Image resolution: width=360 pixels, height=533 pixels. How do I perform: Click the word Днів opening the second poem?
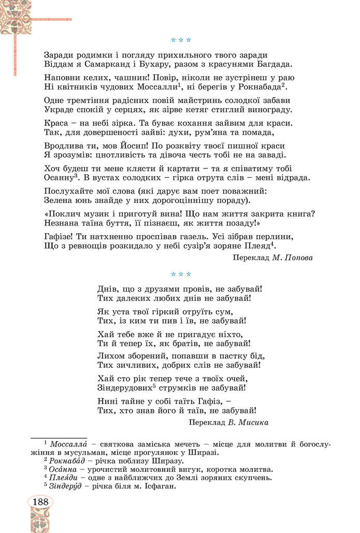(107, 288)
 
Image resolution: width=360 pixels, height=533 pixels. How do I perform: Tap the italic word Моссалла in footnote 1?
(67, 444)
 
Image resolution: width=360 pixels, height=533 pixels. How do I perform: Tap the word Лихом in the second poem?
(110, 355)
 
